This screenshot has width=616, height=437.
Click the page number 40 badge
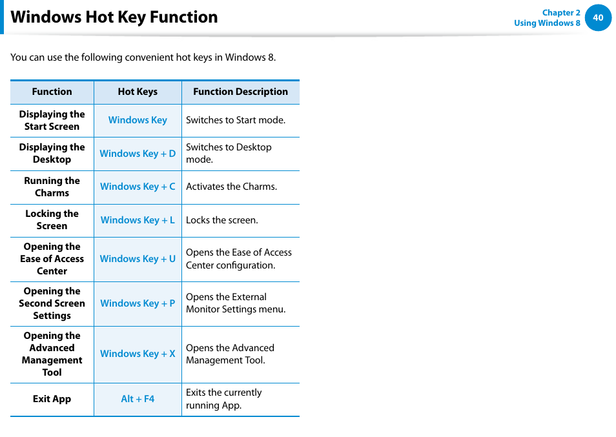tap(598, 18)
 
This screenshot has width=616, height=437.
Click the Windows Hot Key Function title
tap(114, 17)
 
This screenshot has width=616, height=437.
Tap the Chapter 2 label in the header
tap(560, 12)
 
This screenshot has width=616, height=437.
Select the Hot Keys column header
tap(138, 92)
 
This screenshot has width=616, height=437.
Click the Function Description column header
tap(240, 92)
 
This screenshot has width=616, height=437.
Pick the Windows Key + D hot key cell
tap(138, 154)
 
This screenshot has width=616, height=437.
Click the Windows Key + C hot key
tap(138, 187)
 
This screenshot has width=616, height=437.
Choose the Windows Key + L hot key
tap(138, 220)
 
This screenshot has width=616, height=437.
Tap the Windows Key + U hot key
tap(138, 259)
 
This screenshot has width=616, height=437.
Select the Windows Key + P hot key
tap(138, 303)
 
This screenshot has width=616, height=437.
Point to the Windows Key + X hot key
tap(138, 354)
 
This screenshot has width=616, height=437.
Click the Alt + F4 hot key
tap(138, 399)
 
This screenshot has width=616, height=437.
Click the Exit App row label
tap(52, 399)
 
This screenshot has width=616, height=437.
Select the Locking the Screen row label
tap(52, 220)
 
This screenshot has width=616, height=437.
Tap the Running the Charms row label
tap(52, 187)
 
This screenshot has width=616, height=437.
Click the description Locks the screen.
tap(221, 220)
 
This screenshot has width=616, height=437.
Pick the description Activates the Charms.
tap(231, 187)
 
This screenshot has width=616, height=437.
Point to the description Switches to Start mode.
tap(235, 120)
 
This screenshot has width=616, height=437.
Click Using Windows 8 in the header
tap(546, 23)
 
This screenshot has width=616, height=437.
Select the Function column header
tap(52, 92)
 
